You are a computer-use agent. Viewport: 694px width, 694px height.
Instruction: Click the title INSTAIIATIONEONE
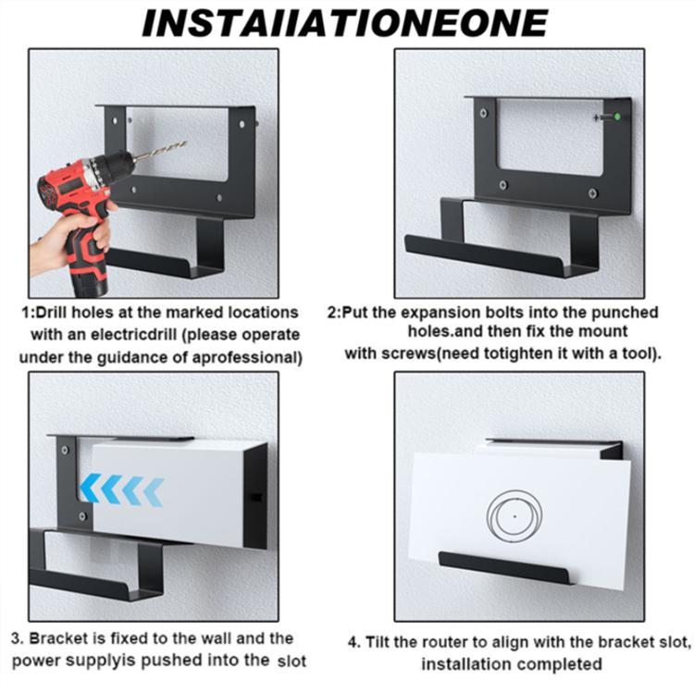344,22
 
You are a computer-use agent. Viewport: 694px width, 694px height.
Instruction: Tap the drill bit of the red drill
162,150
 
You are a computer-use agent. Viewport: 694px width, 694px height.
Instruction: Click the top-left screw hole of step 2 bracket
481,114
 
